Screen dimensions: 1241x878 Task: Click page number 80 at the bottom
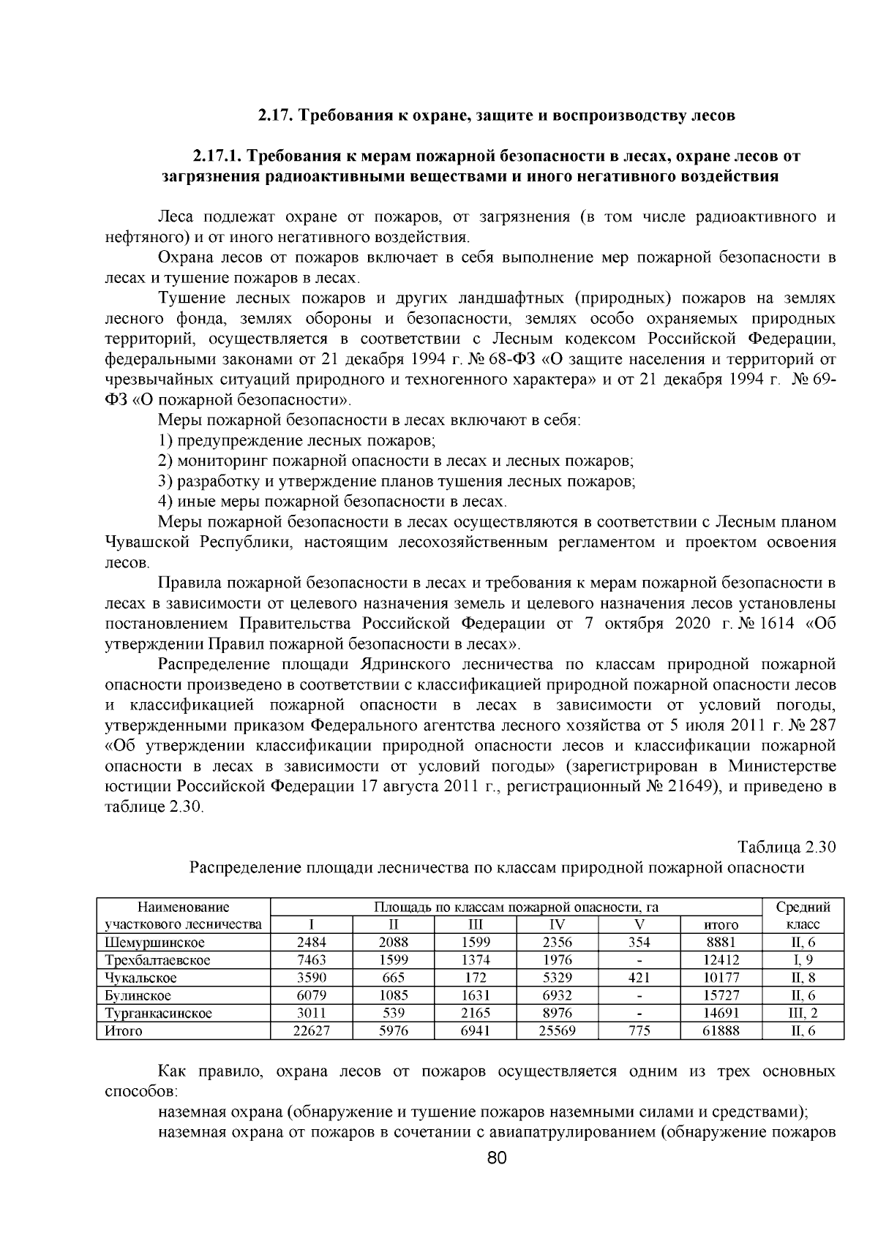(496, 1158)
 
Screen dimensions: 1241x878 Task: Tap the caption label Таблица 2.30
(786, 848)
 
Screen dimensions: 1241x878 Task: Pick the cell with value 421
(639, 978)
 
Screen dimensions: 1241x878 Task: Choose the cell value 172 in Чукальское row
(476, 978)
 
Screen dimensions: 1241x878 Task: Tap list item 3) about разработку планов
(397, 481)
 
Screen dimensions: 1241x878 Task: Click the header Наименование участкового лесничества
(184, 916)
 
